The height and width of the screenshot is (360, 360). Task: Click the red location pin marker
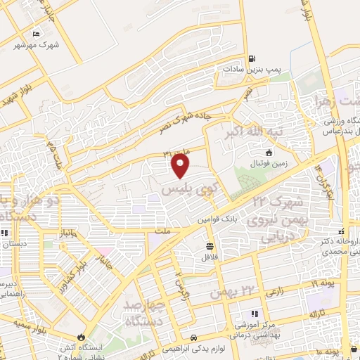(181, 166)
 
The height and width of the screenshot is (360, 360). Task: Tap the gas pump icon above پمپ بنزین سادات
(252, 60)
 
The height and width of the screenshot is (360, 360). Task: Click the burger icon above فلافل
(210, 246)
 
